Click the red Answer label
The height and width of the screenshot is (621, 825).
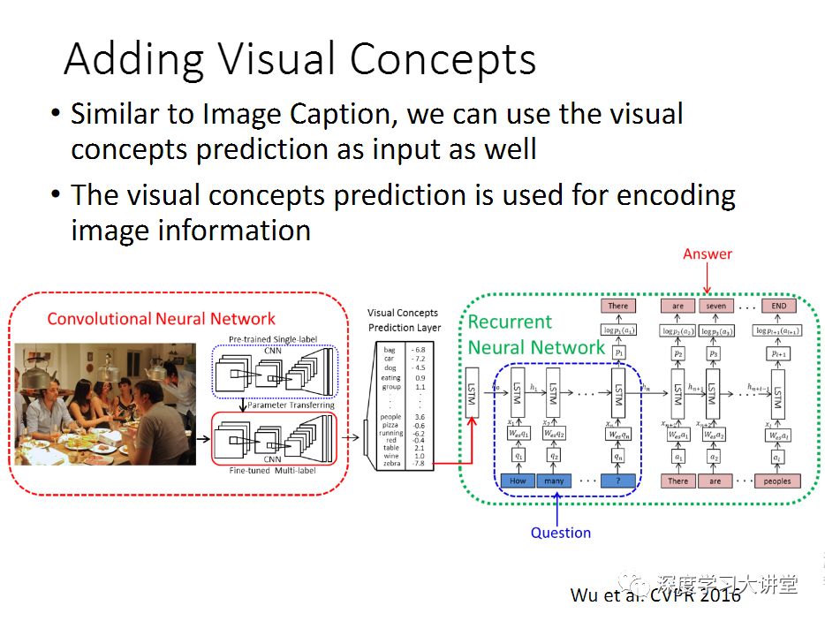(x=708, y=254)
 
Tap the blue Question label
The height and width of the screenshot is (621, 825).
(x=560, y=532)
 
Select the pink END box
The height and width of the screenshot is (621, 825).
(x=778, y=307)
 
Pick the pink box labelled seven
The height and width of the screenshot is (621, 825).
(x=715, y=307)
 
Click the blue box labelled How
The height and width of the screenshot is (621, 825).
(x=518, y=481)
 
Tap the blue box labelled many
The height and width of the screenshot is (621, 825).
(x=555, y=481)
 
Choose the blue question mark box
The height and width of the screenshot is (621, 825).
(x=617, y=481)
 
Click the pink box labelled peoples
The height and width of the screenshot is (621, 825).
(x=778, y=481)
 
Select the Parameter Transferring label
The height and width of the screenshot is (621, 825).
(x=291, y=405)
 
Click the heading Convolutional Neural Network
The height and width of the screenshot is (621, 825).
(x=161, y=319)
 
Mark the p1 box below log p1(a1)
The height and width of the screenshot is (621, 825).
(x=618, y=352)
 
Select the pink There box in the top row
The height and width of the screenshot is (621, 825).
(x=618, y=307)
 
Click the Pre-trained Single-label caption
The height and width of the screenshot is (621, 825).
(x=274, y=338)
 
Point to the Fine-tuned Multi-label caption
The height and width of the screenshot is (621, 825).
(x=273, y=469)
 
